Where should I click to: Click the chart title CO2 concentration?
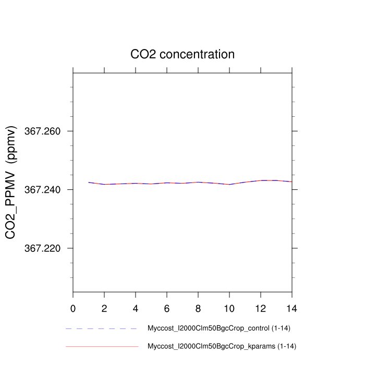[x=182, y=54]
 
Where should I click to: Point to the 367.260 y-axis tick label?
[x=43, y=131]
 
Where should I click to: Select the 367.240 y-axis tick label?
[x=43, y=190]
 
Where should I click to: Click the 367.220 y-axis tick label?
[x=43, y=248]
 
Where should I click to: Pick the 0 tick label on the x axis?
[x=73, y=308]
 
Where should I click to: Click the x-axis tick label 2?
[x=104, y=308]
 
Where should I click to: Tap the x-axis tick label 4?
[x=136, y=308]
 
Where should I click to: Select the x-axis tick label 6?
[x=167, y=308]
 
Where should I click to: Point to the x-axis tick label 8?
[x=198, y=308]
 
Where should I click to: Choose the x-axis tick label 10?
[x=229, y=308]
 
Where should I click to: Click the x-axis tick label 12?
[x=261, y=308]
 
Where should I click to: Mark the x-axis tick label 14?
[x=292, y=308]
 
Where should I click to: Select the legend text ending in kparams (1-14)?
[x=222, y=346]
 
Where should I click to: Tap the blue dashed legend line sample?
[x=102, y=328]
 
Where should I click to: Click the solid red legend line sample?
[x=102, y=346]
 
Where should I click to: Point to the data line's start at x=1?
[x=89, y=182]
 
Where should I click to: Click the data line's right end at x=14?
[x=291, y=181]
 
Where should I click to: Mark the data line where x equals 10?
[x=229, y=184]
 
